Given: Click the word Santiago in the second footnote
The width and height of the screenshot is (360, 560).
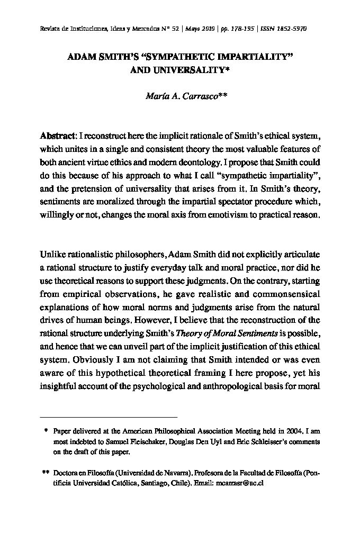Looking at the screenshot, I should coord(151,484).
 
